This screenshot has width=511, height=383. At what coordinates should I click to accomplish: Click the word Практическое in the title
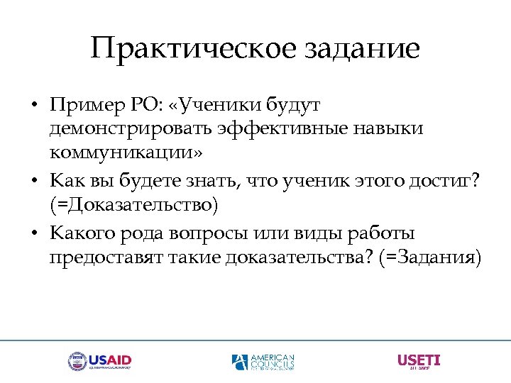pyautogui.click(x=192, y=50)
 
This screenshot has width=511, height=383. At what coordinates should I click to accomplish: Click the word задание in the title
pyautogui.click(x=362, y=50)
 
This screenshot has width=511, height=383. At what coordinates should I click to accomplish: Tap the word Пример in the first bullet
pyautogui.click(x=82, y=106)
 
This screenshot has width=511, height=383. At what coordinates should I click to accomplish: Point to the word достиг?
pyautogui.click(x=449, y=182)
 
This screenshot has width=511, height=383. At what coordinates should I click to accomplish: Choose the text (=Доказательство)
pyautogui.click(x=134, y=206)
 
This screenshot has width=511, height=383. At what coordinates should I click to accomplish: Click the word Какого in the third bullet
pyautogui.click(x=82, y=233)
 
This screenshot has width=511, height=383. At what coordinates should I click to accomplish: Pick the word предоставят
pyautogui.click(x=107, y=257)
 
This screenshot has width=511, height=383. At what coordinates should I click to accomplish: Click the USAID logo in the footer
pyautogui.click(x=100, y=361)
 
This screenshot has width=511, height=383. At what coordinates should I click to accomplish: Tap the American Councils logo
pyautogui.click(x=263, y=362)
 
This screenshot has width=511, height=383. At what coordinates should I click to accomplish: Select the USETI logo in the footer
pyautogui.click(x=419, y=361)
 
